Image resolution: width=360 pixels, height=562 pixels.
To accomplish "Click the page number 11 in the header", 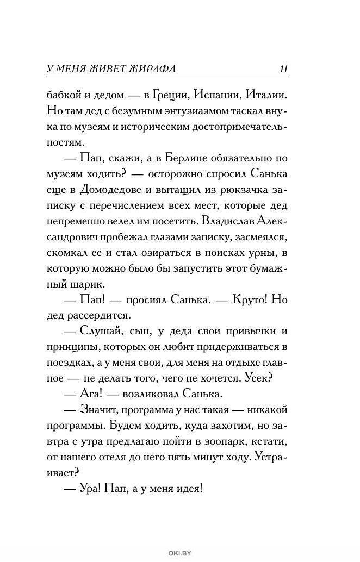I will pyautogui.click(x=283, y=69).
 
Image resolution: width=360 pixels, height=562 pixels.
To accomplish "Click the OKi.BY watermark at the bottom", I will pyautogui.click(x=179, y=554).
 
